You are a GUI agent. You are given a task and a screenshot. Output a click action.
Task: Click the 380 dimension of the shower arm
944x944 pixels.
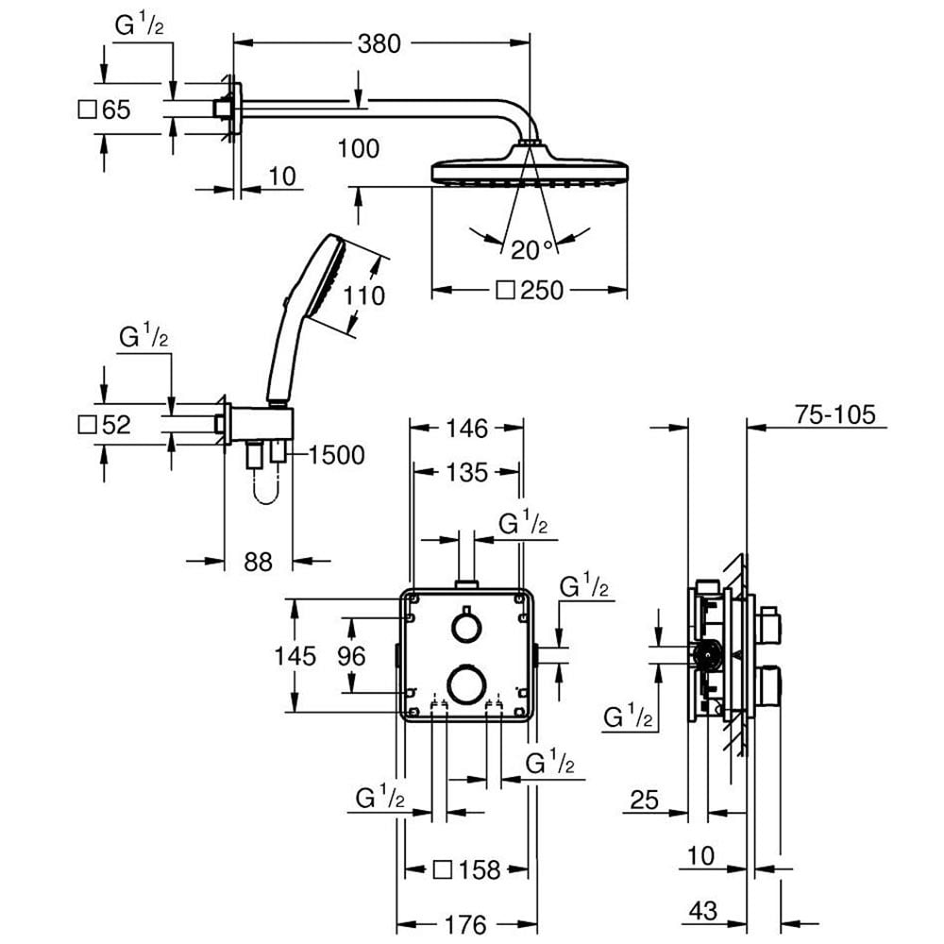(x=379, y=44)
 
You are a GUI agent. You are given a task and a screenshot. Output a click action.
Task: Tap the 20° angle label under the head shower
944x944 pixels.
(x=531, y=250)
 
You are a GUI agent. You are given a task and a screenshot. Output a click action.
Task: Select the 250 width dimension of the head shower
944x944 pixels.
(x=530, y=291)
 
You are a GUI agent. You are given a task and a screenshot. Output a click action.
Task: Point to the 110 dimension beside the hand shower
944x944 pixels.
(x=363, y=295)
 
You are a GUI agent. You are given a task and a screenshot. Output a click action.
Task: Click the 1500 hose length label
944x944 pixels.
(x=337, y=455)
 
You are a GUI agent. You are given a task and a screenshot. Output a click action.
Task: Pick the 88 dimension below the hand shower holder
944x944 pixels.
(x=259, y=562)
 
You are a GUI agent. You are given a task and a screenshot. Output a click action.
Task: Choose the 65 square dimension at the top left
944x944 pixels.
(x=105, y=110)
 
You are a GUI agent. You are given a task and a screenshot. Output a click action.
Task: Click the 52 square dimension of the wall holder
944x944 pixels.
(x=105, y=425)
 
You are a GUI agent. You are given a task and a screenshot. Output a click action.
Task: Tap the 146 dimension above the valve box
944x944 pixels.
(x=466, y=429)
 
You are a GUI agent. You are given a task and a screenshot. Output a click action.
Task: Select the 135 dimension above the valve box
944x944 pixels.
(x=466, y=473)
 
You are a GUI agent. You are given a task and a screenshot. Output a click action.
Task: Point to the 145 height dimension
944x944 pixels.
(x=295, y=656)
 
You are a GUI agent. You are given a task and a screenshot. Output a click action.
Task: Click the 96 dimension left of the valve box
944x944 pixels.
(x=351, y=656)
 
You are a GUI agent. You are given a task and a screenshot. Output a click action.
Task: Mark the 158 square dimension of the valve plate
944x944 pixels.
(x=467, y=870)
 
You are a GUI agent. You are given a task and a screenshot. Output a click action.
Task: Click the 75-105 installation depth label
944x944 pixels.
(x=835, y=414)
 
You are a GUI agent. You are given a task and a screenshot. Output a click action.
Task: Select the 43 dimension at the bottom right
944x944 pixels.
(x=703, y=911)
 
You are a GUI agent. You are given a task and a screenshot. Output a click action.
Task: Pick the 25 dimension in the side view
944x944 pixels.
(x=644, y=801)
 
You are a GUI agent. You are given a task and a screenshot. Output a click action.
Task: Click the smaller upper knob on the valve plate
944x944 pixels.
(x=466, y=628)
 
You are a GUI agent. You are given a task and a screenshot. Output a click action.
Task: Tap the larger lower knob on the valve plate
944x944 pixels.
(x=466, y=683)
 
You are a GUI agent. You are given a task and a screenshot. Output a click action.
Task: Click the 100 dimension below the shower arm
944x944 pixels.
(x=358, y=149)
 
